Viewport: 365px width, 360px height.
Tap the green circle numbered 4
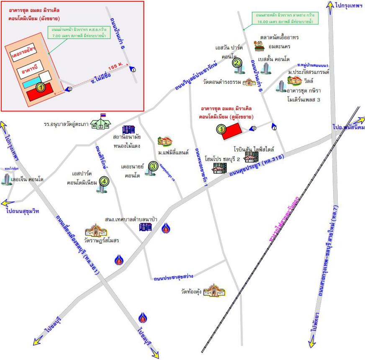[103, 182]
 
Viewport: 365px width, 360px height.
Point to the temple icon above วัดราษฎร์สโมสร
[96, 231]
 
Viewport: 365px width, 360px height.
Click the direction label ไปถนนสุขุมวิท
[23, 211]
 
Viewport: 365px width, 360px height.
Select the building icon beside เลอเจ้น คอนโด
[6, 180]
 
